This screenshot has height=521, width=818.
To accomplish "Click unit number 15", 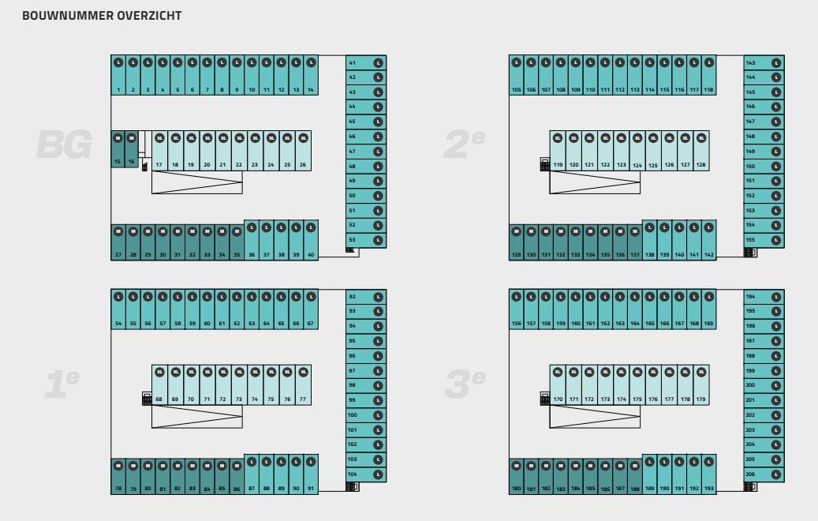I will coord(118,161).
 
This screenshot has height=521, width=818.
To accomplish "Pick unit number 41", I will coord(353,63).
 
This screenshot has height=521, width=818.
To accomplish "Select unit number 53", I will coord(353,240).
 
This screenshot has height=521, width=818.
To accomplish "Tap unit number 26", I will coord(303,165).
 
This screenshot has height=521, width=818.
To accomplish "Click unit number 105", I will coord(517,90).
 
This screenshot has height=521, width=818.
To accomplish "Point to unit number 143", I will coord(751,63).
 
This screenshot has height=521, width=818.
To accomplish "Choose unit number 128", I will coord(700,165).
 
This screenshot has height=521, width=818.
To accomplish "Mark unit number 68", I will coord(159,399).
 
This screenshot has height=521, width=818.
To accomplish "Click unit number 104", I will coord(353,474).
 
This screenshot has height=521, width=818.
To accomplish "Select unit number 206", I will coord(751,474).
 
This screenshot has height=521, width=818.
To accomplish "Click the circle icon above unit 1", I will coord(118,62).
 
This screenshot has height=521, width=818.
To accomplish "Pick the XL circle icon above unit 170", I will coord(558,372).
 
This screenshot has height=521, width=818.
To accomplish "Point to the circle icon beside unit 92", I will coord(378,297).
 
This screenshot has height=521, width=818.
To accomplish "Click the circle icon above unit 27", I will coord(118,232).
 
